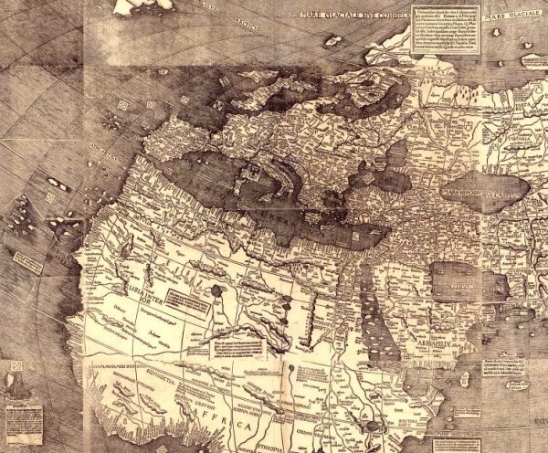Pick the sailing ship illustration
[x=19, y=375]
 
